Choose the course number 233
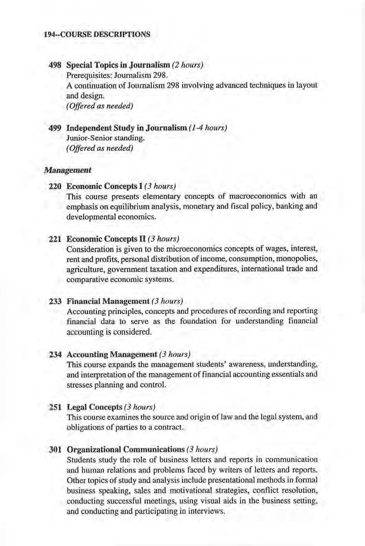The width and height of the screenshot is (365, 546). tap(55, 301)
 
